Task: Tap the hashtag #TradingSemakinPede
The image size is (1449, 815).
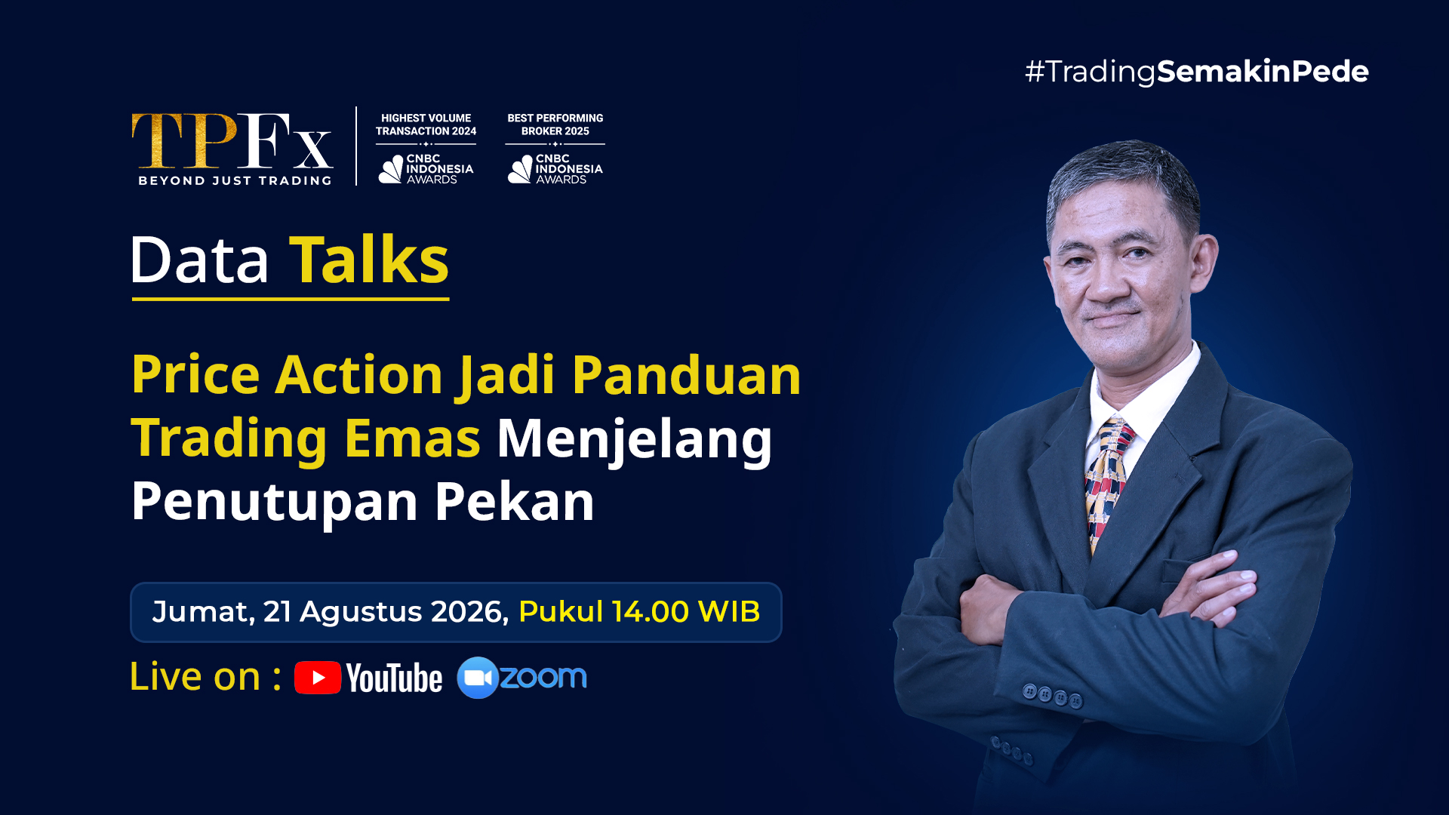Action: (x=1197, y=72)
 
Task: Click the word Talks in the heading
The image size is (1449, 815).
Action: (x=369, y=260)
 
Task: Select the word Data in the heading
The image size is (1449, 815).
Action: (x=200, y=260)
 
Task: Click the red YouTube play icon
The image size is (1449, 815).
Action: (x=318, y=678)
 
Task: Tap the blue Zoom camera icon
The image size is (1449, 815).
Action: (x=478, y=678)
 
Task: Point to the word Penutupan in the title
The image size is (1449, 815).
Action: (x=275, y=501)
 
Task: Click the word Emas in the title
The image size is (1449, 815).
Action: (x=413, y=438)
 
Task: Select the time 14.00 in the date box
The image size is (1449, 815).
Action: (x=651, y=611)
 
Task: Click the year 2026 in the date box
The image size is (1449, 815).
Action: (x=469, y=611)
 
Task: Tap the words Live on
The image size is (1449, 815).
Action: (x=195, y=676)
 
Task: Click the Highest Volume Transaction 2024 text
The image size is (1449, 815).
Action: (x=426, y=125)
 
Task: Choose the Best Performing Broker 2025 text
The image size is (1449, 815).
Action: (x=555, y=125)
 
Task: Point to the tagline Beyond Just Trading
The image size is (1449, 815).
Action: (x=235, y=180)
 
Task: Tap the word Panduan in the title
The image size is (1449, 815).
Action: (x=686, y=375)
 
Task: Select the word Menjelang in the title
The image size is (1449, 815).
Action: (x=635, y=440)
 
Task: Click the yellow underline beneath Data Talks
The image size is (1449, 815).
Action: (x=291, y=299)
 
